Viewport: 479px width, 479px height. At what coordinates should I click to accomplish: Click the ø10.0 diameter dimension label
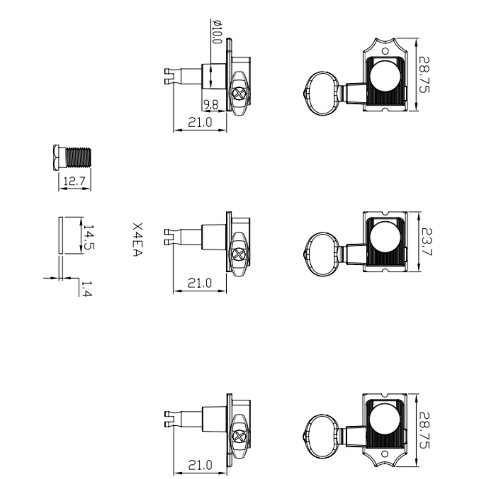[217, 32]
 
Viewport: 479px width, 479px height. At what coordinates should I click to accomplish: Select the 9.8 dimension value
[211, 105]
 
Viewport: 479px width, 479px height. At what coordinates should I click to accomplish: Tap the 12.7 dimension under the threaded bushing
[74, 181]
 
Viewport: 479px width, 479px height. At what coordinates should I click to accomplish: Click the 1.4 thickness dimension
[86, 289]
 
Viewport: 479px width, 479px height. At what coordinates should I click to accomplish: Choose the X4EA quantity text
[138, 239]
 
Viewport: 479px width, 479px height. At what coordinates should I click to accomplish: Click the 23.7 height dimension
[426, 242]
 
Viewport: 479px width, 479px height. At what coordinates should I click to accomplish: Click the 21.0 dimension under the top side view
[200, 122]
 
